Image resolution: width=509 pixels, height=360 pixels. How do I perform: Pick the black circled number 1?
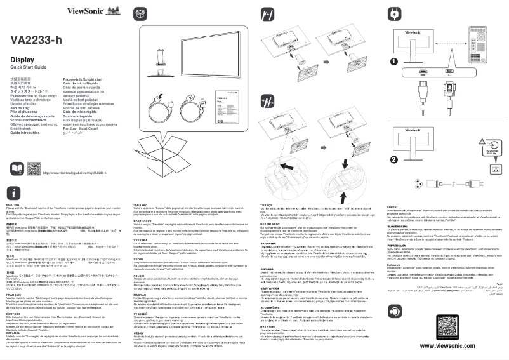click(x=393, y=62)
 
